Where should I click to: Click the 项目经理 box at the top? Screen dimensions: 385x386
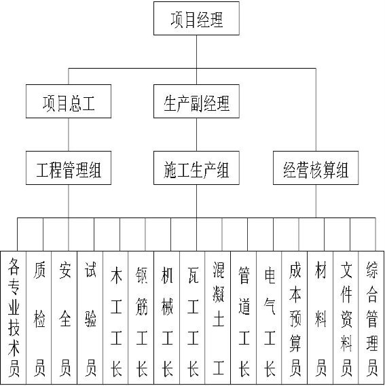pos(196,18)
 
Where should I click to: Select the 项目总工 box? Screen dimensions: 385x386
pos(69,101)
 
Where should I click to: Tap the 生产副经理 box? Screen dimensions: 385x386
pos(196,101)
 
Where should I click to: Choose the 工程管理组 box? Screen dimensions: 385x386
pos(69,168)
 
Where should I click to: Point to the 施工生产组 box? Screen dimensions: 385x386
pos(196,168)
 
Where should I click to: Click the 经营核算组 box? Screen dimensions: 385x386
pos(316,168)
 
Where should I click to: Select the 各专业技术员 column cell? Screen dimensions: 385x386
pos(14,317)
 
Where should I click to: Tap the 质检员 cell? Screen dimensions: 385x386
pos(39,317)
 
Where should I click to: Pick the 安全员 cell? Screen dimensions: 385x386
pos(65,317)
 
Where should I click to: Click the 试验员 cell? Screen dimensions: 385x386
pos(90,317)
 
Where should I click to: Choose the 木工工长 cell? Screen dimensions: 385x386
pos(115,317)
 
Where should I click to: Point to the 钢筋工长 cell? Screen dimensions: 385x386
pos(141,317)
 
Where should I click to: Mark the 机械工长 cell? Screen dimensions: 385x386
pos(167,317)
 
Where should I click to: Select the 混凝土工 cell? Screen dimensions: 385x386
pos(218,317)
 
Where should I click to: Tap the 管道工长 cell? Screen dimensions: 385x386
pos(244,317)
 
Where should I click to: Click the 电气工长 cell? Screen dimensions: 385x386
pos(269,317)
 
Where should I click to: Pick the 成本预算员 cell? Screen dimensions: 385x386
pos(295,317)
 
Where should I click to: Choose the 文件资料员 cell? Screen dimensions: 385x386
pos(346,317)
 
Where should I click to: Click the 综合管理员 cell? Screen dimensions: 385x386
pos(371,317)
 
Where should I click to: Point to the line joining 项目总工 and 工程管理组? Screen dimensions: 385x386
pos(69,135)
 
